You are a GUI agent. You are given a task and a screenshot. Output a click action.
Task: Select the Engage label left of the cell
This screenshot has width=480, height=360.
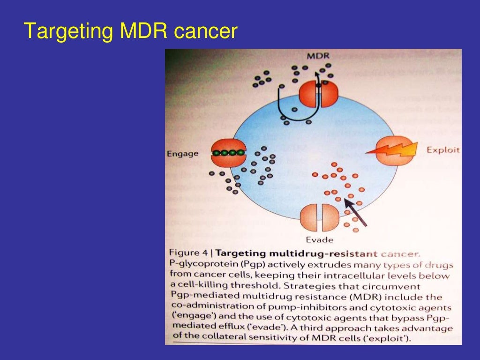182,154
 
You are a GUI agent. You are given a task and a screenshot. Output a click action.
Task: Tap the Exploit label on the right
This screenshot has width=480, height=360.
443,150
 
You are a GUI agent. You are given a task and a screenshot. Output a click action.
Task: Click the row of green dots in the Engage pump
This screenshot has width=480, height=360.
228,153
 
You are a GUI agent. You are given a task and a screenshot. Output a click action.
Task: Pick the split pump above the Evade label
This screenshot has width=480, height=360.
319,217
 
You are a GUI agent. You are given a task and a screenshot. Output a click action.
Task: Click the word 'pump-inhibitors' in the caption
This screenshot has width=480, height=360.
286,307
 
